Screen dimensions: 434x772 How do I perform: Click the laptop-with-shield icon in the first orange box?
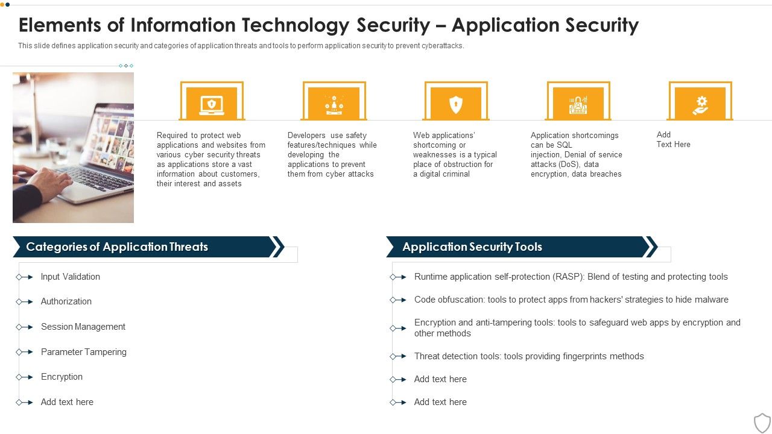[212, 105]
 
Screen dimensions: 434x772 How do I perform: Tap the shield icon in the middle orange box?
[456, 105]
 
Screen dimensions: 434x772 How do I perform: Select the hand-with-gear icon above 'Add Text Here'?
[700, 105]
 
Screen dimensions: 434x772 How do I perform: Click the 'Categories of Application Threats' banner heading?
[117, 247]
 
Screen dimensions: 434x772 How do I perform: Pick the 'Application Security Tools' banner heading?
[472, 247]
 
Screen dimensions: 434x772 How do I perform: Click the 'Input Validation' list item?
[70, 277]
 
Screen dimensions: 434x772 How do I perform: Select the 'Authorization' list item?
[66, 301]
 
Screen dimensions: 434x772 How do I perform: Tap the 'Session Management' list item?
[83, 327]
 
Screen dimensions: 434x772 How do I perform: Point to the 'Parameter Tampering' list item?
[83, 352]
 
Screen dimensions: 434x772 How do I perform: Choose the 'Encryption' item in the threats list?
[62, 377]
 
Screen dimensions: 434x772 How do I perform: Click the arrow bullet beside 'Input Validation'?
[25, 277]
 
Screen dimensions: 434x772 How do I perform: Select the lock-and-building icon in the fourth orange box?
[578, 105]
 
